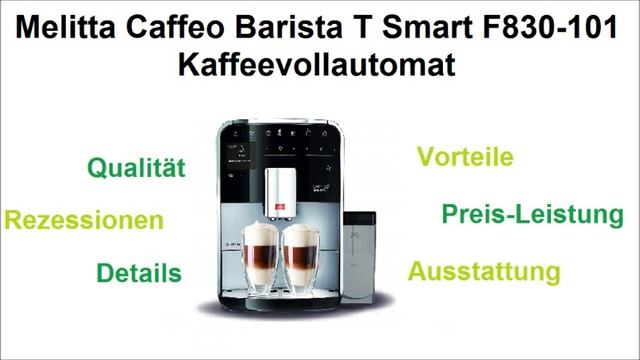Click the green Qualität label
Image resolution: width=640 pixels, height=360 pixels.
pyautogui.click(x=137, y=168)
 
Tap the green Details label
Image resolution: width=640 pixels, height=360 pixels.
pyautogui.click(x=139, y=272)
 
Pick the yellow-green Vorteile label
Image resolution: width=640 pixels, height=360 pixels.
pyautogui.click(x=465, y=157)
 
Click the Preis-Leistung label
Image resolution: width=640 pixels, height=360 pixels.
pyautogui.click(x=518, y=214)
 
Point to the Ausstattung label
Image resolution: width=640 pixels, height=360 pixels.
pyautogui.click(x=483, y=271)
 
